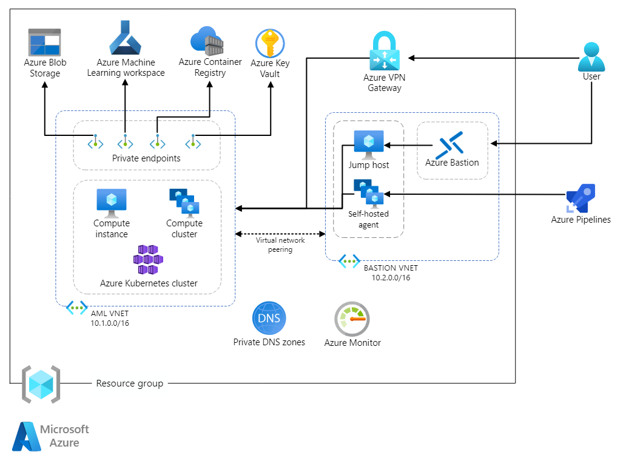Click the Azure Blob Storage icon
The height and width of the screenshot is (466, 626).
pos(45,42)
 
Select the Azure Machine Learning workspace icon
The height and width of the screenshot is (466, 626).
pos(125,38)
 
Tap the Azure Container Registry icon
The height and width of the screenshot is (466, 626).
pos(207,40)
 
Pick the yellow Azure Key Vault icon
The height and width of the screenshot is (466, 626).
pos(269,44)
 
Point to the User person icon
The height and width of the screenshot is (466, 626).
pos(591,56)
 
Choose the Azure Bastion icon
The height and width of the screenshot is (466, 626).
pos(452,144)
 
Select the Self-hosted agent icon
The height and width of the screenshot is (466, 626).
pos(368,193)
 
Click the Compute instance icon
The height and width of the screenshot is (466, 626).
pos(112,203)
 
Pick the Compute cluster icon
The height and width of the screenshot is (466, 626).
pos(184,203)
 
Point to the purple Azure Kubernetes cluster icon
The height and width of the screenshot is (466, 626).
pos(148,260)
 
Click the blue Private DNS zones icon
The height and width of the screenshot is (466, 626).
pos(269,319)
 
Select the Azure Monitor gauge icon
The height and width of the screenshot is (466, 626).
pos(352,319)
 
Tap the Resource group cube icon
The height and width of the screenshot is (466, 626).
pos(41,384)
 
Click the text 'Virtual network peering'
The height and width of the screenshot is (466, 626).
pos(279,245)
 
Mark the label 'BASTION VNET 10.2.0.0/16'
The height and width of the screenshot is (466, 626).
pos(391,272)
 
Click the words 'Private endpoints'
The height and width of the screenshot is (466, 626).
pos(146,158)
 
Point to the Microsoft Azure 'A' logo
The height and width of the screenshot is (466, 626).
pos(26,437)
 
